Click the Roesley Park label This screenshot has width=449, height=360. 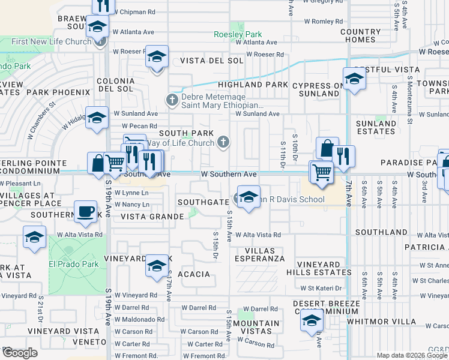(238, 34)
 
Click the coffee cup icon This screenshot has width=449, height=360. (85, 211)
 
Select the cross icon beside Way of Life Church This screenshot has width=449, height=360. (223, 142)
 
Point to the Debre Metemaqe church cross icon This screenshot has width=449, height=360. (172, 100)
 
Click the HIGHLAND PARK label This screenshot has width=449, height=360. (253, 85)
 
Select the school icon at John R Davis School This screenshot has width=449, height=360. (247, 196)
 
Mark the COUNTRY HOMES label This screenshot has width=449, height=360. (361, 35)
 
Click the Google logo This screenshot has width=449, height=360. (20, 352)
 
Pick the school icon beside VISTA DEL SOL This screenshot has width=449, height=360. (157, 58)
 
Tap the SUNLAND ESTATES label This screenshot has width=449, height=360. (376, 127)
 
